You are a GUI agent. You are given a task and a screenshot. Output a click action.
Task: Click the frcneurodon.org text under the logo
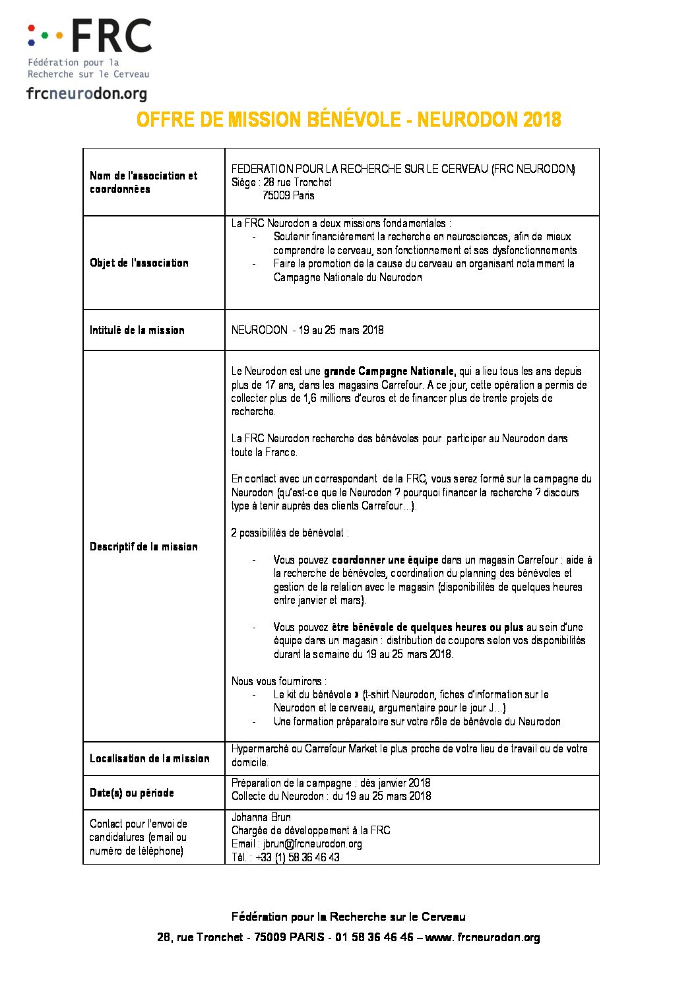tap(86, 94)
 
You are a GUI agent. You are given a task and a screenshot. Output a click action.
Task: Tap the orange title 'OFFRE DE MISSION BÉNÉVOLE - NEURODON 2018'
tap(348, 119)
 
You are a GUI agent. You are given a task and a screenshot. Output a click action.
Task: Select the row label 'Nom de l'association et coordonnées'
tap(143, 182)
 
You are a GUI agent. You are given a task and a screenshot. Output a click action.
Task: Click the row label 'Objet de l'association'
tap(139, 263)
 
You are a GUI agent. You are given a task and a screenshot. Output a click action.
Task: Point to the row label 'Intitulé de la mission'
tap(137, 330)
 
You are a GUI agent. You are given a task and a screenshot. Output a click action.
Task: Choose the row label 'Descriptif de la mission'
tap(144, 546)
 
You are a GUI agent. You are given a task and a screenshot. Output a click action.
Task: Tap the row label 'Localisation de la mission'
tap(150, 758)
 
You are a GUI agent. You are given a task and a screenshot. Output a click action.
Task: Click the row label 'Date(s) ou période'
tap(132, 793)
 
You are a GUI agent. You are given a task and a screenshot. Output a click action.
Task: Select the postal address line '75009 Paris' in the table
tap(288, 195)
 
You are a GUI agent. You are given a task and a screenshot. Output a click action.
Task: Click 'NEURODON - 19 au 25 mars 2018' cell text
tap(307, 330)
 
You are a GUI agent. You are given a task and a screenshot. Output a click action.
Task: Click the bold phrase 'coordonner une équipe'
tap(385, 560)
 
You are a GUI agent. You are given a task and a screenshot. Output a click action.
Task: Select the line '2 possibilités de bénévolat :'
tap(290, 533)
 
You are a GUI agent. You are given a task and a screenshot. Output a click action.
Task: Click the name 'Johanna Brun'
tap(261, 817)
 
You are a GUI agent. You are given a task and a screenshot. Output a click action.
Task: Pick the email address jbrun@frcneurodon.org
tap(313, 843)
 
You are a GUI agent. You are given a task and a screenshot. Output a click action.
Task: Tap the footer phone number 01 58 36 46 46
tap(374, 937)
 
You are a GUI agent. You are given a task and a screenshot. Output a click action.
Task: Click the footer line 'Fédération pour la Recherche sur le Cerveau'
tap(348, 917)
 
